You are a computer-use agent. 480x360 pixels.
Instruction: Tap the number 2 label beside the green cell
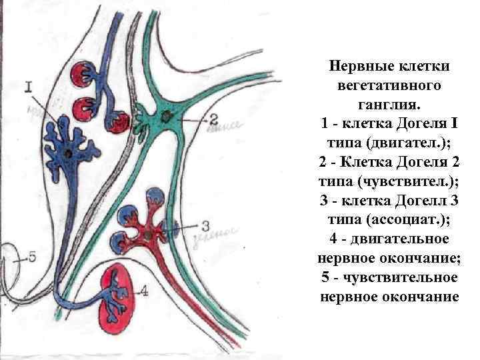click(x=213, y=119)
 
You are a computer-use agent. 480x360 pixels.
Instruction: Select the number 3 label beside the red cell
click(x=205, y=225)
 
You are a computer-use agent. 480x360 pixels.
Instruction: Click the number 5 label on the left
click(x=32, y=257)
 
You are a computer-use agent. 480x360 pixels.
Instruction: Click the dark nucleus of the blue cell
click(x=70, y=153)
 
